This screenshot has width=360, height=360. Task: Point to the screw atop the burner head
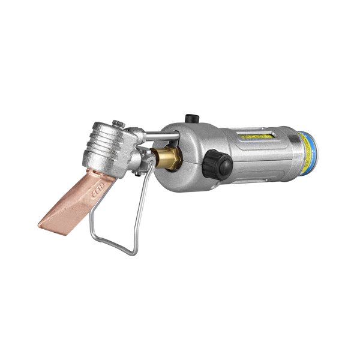click(x=121, y=124)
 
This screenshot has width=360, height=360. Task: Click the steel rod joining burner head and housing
click(x=153, y=133)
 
